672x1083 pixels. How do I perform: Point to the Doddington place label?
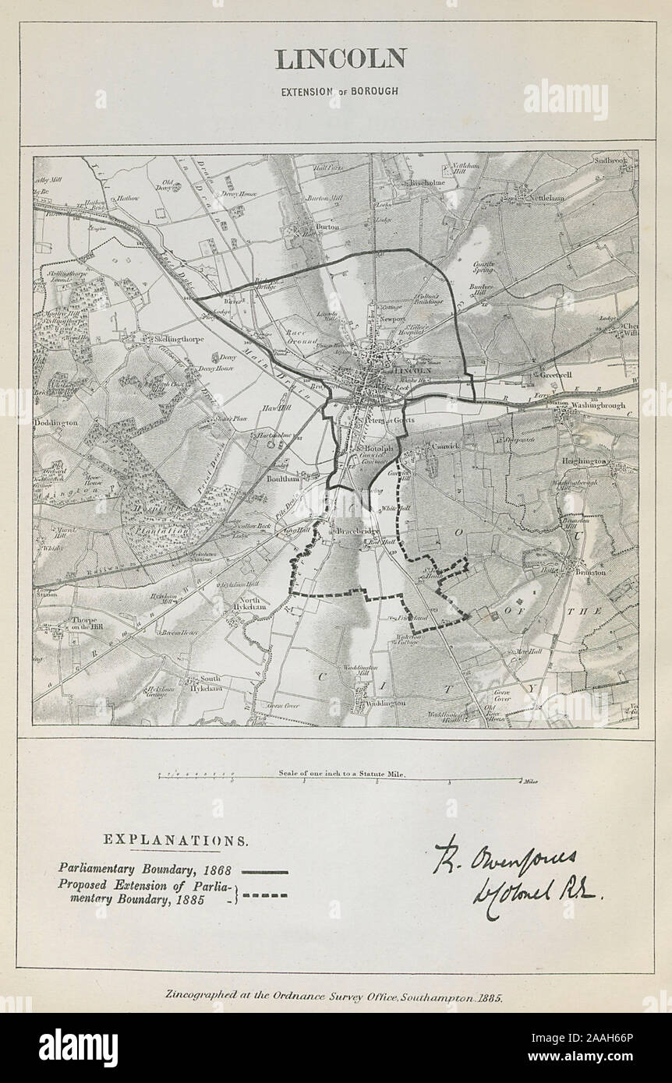tap(55, 422)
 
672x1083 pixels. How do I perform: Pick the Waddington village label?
tap(381, 703)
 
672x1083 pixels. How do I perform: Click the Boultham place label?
tap(281, 479)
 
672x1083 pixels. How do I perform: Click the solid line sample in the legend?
tap(265, 872)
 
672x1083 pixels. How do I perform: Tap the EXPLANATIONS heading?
tap(177, 841)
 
